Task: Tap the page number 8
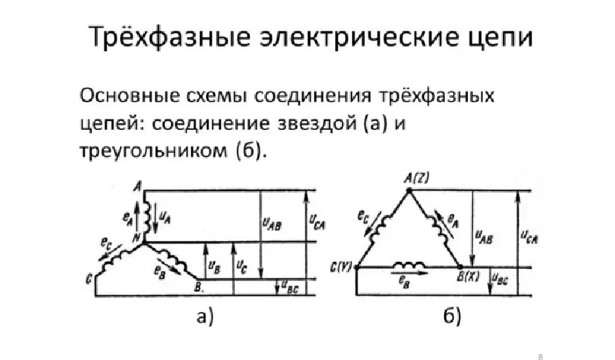(x=539, y=349)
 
